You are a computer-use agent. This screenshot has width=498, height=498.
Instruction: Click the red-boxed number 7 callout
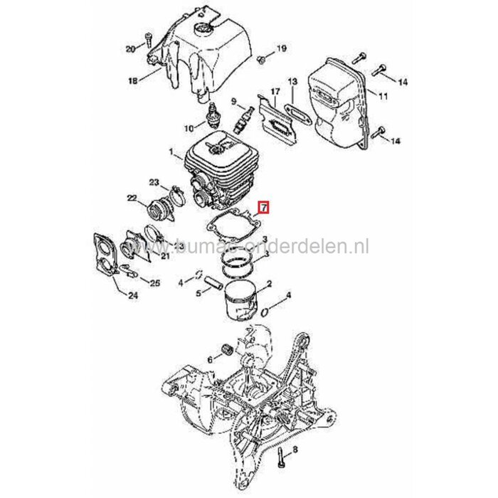click(x=263, y=208)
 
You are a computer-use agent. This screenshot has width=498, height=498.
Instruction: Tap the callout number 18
click(x=132, y=82)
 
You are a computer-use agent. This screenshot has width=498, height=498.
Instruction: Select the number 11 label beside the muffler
click(x=383, y=95)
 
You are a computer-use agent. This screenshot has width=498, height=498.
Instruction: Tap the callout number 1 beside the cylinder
click(x=171, y=152)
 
